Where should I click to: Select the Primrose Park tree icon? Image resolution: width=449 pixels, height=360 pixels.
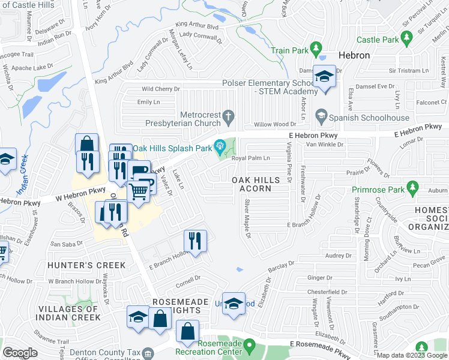point(412,189)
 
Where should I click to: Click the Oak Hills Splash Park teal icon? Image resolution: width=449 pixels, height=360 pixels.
point(221,145)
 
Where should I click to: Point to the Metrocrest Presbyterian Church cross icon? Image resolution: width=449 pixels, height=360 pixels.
point(228,115)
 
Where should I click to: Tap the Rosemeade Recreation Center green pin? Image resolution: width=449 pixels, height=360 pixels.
point(250,345)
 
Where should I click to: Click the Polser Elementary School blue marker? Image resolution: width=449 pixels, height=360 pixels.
point(325,77)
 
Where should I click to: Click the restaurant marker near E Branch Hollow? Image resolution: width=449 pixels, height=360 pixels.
point(195,241)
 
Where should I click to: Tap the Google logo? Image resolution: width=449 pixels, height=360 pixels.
point(20,353)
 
